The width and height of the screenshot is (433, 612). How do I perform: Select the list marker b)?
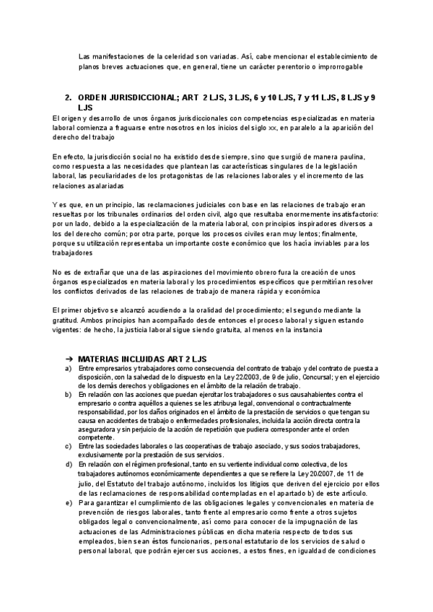(x=68, y=395)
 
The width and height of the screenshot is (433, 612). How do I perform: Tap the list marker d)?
(x=68, y=465)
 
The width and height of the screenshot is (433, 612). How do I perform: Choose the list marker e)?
(x=68, y=501)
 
